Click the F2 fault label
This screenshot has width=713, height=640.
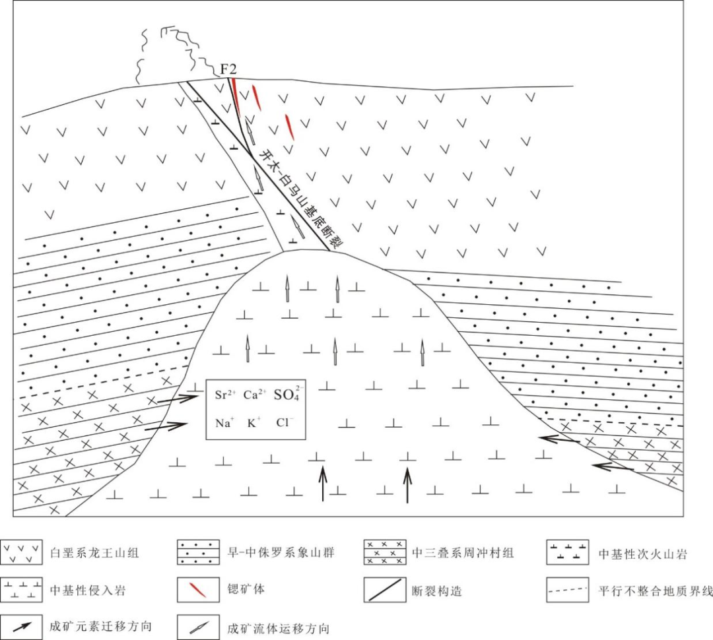pyautogui.click(x=228, y=69)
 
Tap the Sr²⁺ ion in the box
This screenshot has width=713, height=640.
pyautogui.click(x=225, y=395)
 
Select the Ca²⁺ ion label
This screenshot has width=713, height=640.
pyautogui.click(x=254, y=395)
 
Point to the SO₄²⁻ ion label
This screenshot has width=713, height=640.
pyautogui.click(x=287, y=394)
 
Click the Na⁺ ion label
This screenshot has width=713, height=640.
pyautogui.click(x=224, y=423)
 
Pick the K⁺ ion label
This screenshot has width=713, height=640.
pyautogui.click(x=254, y=423)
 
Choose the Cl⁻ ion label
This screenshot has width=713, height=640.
pyautogui.click(x=285, y=422)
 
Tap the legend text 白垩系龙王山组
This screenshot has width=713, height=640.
pyautogui.click(x=94, y=553)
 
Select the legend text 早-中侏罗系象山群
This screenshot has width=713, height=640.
pyautogui.click(x=281, y=553)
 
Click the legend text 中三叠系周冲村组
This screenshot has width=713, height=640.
pyautogui.click(x=463, y=553)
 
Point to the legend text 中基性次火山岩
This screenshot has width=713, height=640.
pyautogui.click(x=642, y=554)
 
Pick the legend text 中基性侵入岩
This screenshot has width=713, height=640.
pyautogui.click(x=88, y=590)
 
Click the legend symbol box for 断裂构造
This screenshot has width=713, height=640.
pyautogui.click(x=385, y=590)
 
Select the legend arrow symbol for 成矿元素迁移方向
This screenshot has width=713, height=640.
pyautogui.click(x=22, y=626)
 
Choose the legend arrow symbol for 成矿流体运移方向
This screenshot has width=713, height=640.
pyautogui.click(x=199, y=627)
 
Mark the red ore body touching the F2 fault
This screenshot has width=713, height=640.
pyautogui.click(x=234, y=94)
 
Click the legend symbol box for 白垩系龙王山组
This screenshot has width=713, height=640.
pyautogui.click(x=21, y=552)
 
